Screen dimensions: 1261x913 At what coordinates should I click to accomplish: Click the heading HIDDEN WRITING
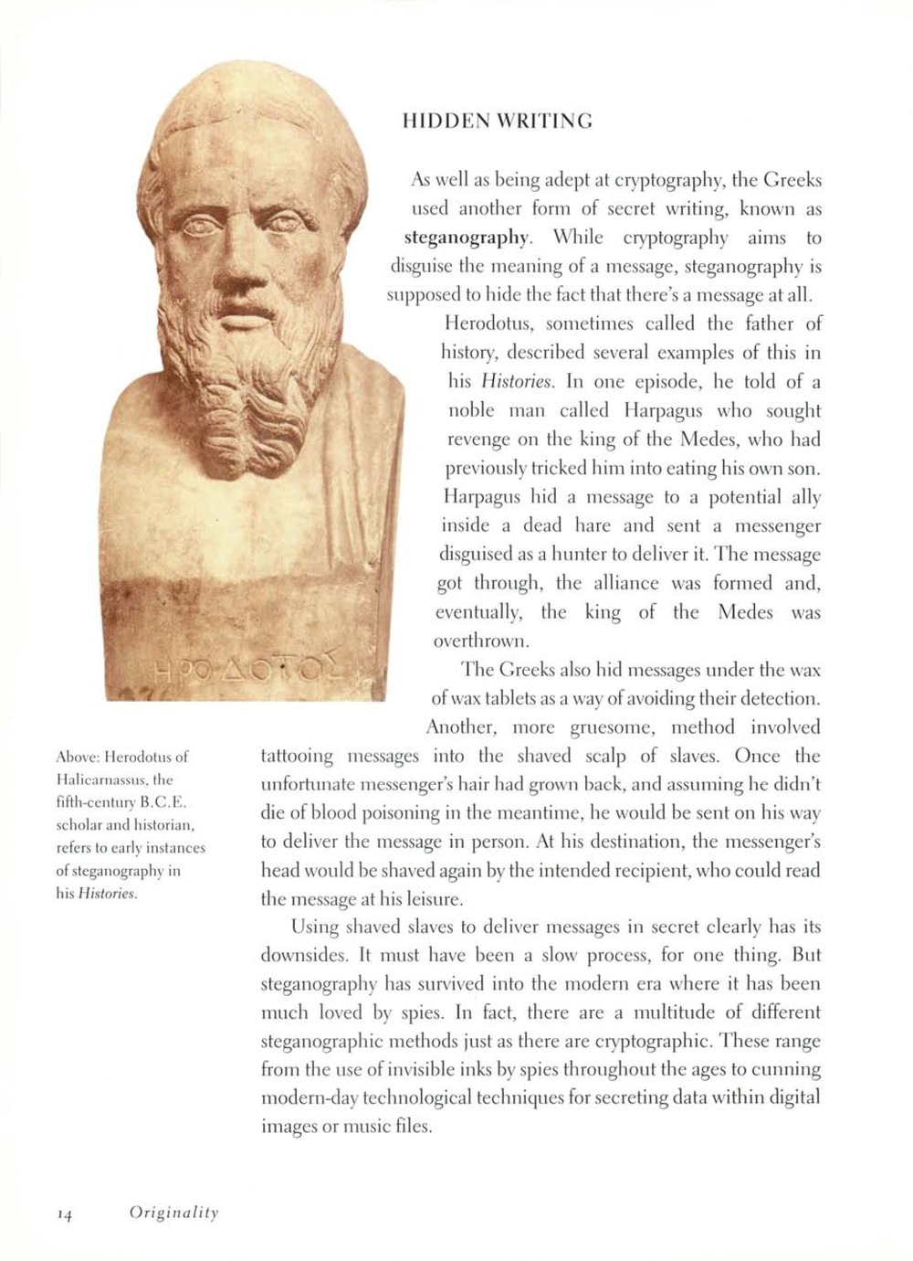pyautogui.click(x=497, y=121)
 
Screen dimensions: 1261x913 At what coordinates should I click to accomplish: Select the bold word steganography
pyautogui.click(x=467, y=238)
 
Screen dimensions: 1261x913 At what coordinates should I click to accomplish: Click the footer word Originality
pyautogui.click(x=173, y=1213)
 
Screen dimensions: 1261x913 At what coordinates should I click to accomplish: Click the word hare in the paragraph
pyautogui.click(x=593, y=525)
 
